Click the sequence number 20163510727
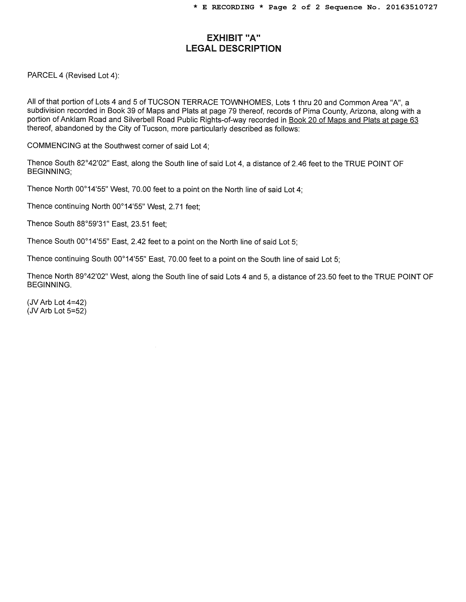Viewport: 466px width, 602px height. (x=412, y=7)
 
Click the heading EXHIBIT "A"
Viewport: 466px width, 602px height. (x=234, y=38)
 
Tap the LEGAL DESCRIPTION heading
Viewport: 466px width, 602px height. (x=234, y=49)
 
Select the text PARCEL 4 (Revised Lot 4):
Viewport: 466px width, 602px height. (x=73, y=76)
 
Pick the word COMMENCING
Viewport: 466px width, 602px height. (x=54, y=146)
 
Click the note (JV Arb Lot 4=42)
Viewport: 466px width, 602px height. (x=57, y=302)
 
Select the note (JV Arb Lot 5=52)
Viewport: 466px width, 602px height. (x=57, y=311)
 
